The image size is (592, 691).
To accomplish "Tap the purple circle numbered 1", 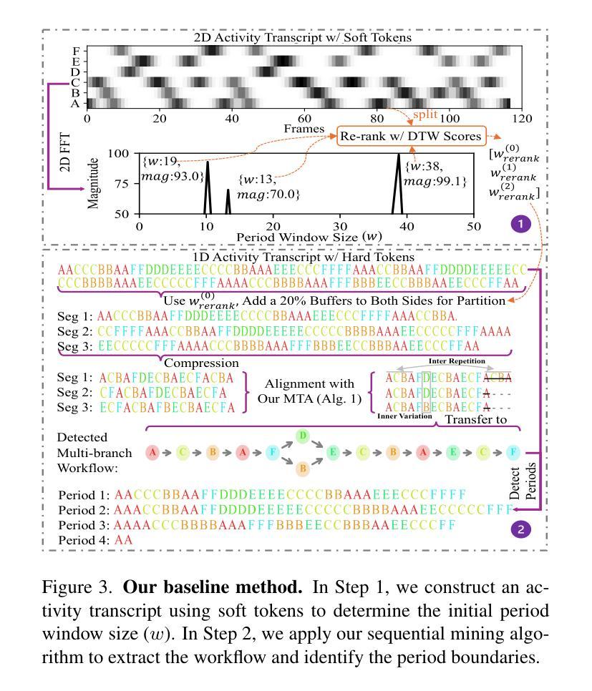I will [520, 224].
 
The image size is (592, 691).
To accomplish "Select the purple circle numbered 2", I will [520, 529].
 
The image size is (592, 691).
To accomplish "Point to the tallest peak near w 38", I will [399, 157].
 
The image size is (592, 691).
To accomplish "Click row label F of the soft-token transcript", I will [76, 52].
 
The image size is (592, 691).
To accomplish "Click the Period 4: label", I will [84, 541].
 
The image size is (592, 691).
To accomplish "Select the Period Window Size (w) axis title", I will [306, 236].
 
